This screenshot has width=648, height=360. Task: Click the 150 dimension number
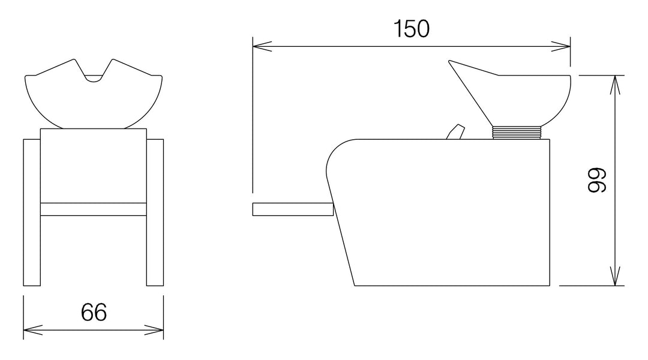point(412,29)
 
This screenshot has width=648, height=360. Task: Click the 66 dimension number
point(94,312)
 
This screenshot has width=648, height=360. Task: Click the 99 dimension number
point(597,180)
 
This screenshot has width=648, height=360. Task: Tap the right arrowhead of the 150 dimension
point(561,46)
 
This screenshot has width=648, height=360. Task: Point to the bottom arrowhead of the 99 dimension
point(616,275)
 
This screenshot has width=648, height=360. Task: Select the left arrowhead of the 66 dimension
point(33,330)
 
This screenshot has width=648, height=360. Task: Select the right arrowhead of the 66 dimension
point(154,330)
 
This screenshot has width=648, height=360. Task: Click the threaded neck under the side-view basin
point(517,133)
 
